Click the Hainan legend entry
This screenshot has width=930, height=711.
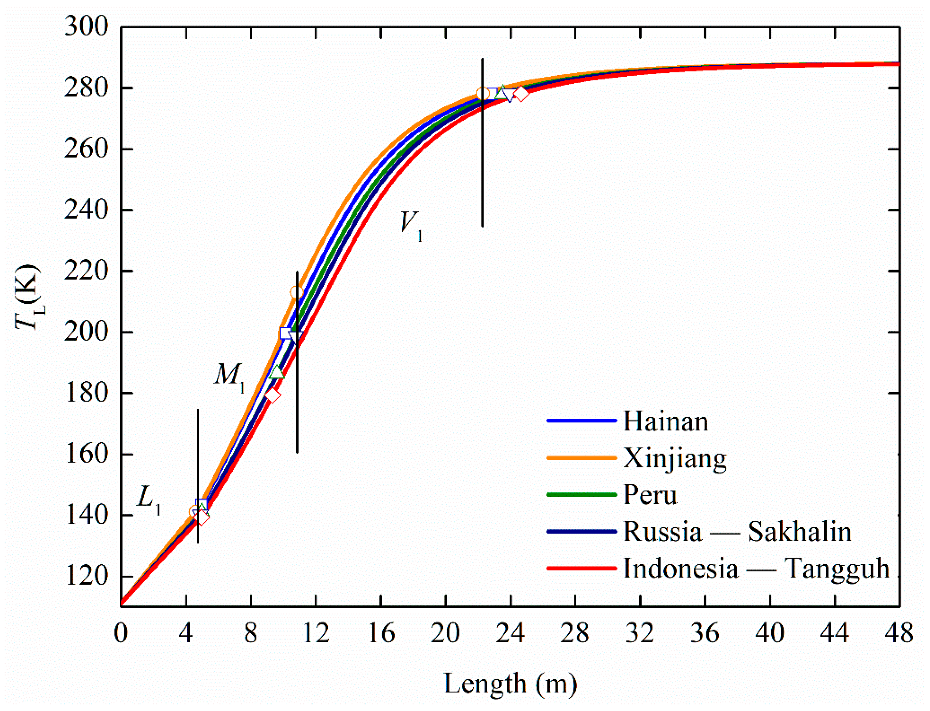(x=666, y=422)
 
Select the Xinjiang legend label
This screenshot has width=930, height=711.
(x=675, y=458)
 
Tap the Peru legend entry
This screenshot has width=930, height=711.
(x=650, y=495)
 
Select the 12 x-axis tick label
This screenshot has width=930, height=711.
(x=316, y=634)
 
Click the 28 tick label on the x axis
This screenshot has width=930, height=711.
(x=575, y=634)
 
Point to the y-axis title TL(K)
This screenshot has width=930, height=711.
(x=28, y=298)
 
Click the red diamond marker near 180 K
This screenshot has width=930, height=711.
(x=272, y=395)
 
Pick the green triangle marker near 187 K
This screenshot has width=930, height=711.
(x=277, y=372)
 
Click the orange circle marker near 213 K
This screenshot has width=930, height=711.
(x=296, y=292)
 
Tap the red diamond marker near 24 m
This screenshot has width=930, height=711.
(x=521, y=93)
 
